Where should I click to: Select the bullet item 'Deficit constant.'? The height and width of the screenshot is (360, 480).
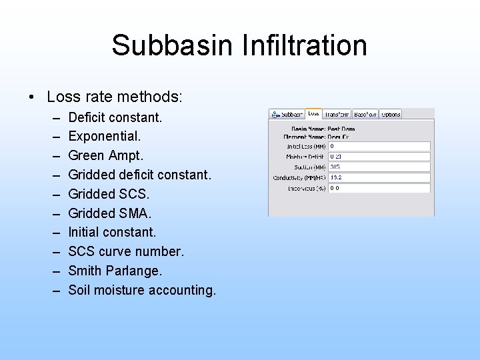pyautogui.click(x=115, y=117)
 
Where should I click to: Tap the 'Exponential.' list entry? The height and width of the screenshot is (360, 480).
pyautogui.click(x=105, y=137)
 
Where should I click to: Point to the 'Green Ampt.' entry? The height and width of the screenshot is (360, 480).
pyautogui.click(x=105, y=155)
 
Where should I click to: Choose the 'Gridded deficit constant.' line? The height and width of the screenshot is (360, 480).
pyautogui.click(x=139, y=175)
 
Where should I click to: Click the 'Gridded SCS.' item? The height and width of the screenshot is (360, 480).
pyautogui.click(x=109, y=194)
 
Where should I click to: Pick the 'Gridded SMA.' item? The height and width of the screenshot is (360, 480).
pyautogui.click(x=110, y=213)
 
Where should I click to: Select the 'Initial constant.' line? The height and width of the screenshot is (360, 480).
pyautogui.click(x=112, y=233)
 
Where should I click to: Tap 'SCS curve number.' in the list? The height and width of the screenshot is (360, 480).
pyautogui.click(x=126, y=252)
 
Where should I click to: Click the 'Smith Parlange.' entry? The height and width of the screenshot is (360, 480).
pyautogui.click(x=115, y=271)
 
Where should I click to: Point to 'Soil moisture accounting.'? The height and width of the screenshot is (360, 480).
pyautogui.click(x=142, y=290)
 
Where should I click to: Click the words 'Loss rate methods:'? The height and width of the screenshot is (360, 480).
pyautogui.click(x=115, y=97)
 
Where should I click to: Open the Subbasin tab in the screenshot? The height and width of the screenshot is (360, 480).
pyautogui.click(x=287, y=114)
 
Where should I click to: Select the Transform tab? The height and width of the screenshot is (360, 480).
pyautogui.click(x=337, y=114)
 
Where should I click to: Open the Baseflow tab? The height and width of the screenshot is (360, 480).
pyautogui.click(x=365, y=114)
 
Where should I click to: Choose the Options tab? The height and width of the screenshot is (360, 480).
pyautogui.click(x=391, y=114)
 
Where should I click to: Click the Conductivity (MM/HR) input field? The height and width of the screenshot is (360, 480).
pyautogui.click(x=379, y=178)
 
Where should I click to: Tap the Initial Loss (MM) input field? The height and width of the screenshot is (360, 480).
pyautogui.click(x=379, y=146)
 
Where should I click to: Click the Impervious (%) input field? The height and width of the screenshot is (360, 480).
pyautogui.click(x=379, y=189)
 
